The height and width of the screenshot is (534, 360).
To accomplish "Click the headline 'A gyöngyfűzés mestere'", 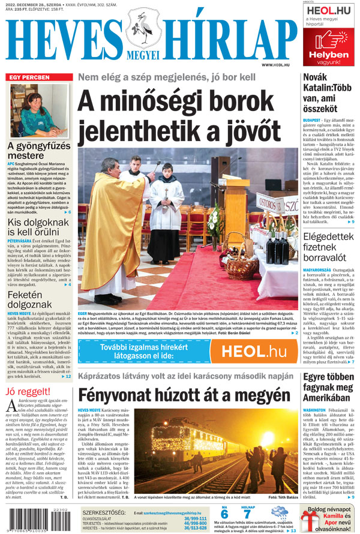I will pyautogui.click(x=39, y=151).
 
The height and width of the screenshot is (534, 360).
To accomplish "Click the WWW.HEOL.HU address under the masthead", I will pyautogui.click(x=275, y=65).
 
